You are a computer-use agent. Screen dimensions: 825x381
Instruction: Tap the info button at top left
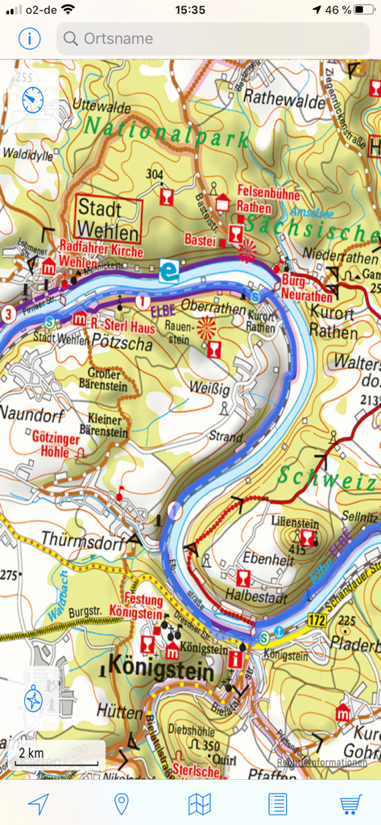coord(31,38)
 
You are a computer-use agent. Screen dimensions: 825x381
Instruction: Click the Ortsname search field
coord(213,38)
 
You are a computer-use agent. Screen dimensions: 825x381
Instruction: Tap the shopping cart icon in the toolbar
coord(350,803)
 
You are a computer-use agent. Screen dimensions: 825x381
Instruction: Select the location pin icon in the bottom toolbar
coord(122,803)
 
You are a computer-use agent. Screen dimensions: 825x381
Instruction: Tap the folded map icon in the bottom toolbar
coord(199,803)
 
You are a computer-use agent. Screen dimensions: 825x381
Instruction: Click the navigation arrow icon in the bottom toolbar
coord(38,803)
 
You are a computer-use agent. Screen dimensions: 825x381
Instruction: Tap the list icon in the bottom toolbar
coord(277,803)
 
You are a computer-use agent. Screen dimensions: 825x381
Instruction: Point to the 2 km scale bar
coord(56,755)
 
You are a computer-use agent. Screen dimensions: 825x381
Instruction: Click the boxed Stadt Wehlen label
coord(108,218)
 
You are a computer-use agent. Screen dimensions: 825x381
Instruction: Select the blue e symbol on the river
coord(168,270)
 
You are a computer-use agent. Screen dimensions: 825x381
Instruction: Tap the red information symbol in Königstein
coord(235,658)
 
